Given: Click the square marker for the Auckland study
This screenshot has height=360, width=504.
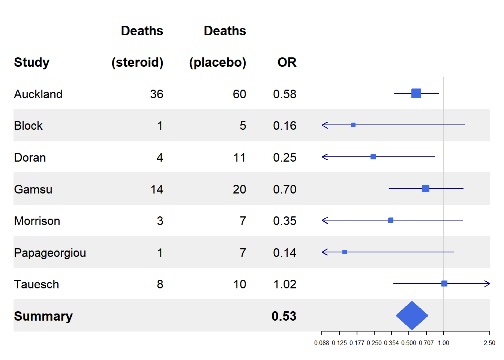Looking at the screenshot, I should click(x=416, y=93).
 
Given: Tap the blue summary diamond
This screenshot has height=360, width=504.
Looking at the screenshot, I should click(x=412, y=315).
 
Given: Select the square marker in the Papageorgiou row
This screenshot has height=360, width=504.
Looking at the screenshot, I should click(x=345, y=252).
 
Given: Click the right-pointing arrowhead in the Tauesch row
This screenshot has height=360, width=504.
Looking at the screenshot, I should click(x=487, y=284).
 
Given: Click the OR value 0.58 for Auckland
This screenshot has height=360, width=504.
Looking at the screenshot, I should click(x=285, y=94).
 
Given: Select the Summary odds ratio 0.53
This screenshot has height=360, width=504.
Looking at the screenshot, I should click(x=284, y=316).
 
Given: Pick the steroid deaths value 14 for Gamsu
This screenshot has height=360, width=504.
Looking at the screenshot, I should click(x=157, y=189).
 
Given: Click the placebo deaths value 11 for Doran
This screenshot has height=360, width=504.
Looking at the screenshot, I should click(x=239, y=157).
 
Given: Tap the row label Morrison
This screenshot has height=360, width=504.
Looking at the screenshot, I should click(x=37, y=221).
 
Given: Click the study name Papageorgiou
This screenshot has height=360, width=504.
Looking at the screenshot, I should click(x=50, y=253).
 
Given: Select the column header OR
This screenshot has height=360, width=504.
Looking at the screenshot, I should click(x=287, y=62).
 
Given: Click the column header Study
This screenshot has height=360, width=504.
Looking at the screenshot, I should click(x=32, y=62).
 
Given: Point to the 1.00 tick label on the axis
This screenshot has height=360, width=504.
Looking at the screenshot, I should click(x=443, y=343).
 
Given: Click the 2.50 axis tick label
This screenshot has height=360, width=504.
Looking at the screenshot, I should click(x=489, y=343).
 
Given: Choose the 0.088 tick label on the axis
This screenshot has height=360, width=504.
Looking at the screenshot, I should click(x=322, y=343).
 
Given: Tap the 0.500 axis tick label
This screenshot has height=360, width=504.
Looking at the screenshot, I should click(x=409, y=343).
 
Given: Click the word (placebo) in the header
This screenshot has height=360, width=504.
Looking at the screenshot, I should click(x=217, y=62).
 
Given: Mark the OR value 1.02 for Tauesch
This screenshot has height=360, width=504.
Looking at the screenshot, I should click(x=285, y=284).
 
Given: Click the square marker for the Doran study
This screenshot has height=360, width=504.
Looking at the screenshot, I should click(x=373, y=157).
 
